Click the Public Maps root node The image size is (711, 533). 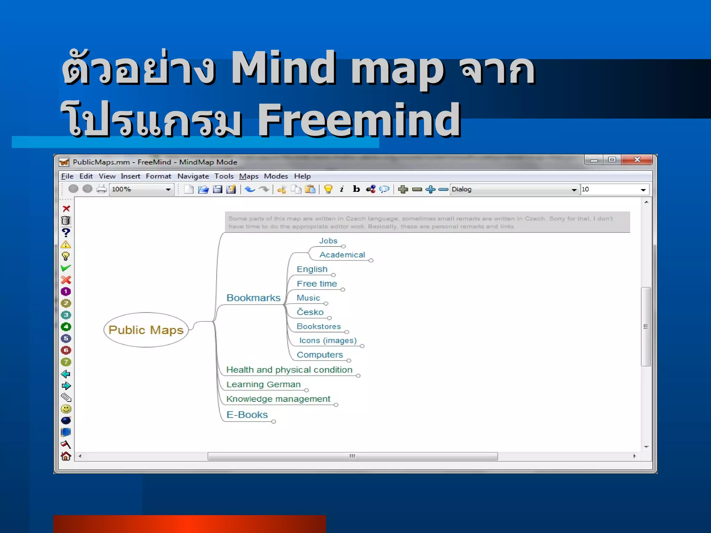click(146, 330)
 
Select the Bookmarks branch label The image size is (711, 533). click(253, 298)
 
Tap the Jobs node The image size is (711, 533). click(328, 240)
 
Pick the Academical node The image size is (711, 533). click(342, 255)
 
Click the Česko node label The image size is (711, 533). click(310, 312)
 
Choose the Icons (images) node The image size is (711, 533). click(328, 340)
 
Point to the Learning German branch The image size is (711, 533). click(263, 384)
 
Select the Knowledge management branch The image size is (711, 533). click(278, 399)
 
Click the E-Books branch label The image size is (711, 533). click(247, 415)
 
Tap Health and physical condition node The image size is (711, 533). click(289, 370)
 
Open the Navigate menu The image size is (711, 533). click(193, 176)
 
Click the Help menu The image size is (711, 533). click(302, 176)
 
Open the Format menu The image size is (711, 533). click(158, 176)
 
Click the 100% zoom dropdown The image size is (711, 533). click(141, 189)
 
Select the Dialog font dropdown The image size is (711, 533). click(514, 189)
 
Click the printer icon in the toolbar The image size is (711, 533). click(101, 189)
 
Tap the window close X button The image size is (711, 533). click(637, 160)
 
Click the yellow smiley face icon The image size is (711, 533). click(66, 409)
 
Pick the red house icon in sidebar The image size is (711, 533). click(66, 456)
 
